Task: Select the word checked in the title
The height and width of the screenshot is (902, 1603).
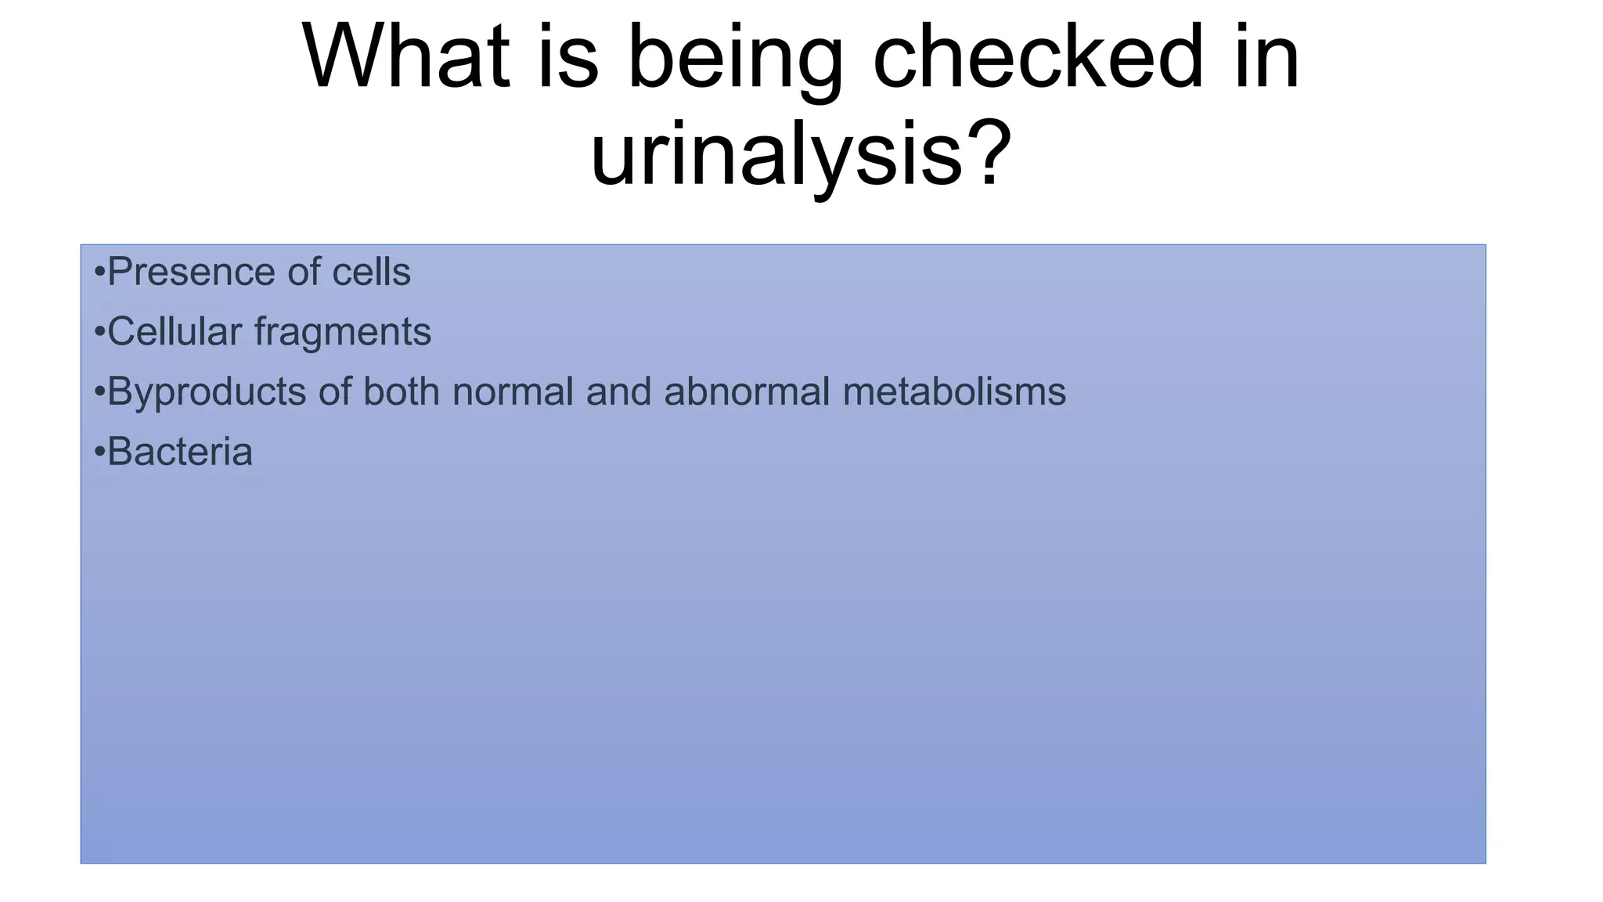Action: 1038,58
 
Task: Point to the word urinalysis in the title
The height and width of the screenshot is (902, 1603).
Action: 775,155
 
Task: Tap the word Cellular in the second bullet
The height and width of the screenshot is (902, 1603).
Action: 175,331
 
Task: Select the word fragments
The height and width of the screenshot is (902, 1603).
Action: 343,333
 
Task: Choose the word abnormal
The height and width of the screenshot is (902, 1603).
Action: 747,391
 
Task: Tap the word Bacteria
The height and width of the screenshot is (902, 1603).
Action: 180,452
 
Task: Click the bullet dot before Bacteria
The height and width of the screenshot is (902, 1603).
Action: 99,453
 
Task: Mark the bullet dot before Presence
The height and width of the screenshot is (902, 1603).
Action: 99,273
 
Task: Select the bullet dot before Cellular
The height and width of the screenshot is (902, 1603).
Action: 99,333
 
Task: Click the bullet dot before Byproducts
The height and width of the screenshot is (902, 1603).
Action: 99,392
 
